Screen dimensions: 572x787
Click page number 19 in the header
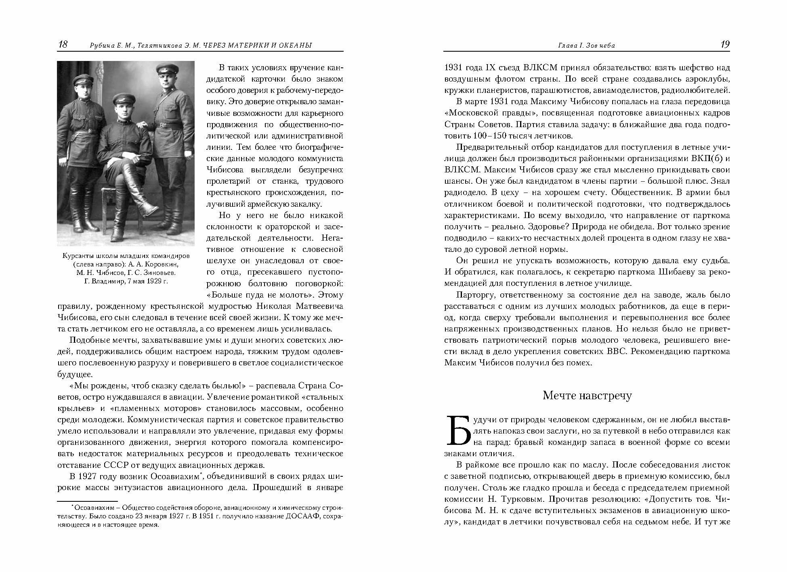[x=725, y=44]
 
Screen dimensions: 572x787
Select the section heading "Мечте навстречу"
[x=587, y=396]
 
